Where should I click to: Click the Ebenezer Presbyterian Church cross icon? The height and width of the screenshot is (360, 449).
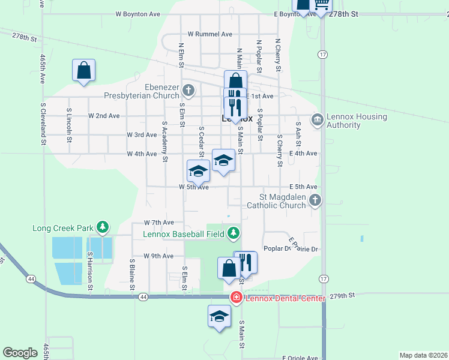click(x=188, y=91)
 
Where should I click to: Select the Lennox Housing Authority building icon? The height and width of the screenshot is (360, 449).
click(x=316, y=120)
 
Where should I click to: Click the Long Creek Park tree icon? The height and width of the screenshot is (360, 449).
click(x=103, y=227)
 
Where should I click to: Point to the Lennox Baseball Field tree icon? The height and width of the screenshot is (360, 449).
click(x=234, y=233)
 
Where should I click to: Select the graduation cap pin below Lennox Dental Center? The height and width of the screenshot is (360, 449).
click(x=219, y=316)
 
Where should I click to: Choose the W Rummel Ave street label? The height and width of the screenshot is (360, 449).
click(x=209, y=34)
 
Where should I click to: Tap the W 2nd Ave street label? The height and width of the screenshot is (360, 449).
click(x=104, y=115)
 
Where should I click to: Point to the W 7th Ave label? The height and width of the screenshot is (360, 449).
click(x=158, y=222)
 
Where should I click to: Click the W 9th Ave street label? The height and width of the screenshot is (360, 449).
click(x=158, y=256)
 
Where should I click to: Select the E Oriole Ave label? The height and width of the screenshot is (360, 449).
click(x=299, y=358)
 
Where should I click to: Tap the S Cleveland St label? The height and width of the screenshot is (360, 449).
click(x=43, y=124)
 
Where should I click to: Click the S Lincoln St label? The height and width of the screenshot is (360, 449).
click(x=70, y=125)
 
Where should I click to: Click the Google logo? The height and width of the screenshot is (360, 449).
click(x=20, y=353)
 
